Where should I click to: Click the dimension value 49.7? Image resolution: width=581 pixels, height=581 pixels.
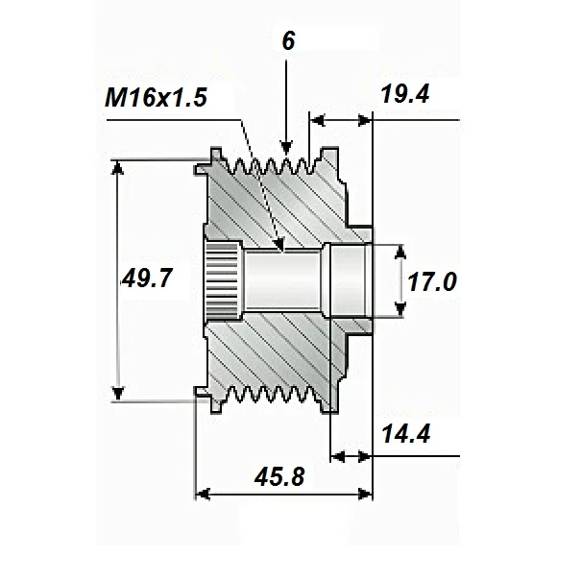pyautogui.click(x=148, y=279)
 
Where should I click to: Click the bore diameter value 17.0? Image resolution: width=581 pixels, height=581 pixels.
pyautogui.click(x=431, y=281)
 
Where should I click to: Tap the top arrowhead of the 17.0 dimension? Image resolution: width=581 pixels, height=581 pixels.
pyautogui.click(x=401, y=253)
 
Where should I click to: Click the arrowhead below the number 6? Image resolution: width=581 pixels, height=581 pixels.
pyautogui.click(x=285, y=146)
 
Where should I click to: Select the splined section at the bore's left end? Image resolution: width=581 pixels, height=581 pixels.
pyautogui.click(x=222, y=280)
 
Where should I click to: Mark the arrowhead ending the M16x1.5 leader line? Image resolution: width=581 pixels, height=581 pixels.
pyautogui.click(x=279, y=247)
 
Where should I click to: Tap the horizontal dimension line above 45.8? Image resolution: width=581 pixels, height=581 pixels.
pyautogui.click(x=284, y=495)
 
